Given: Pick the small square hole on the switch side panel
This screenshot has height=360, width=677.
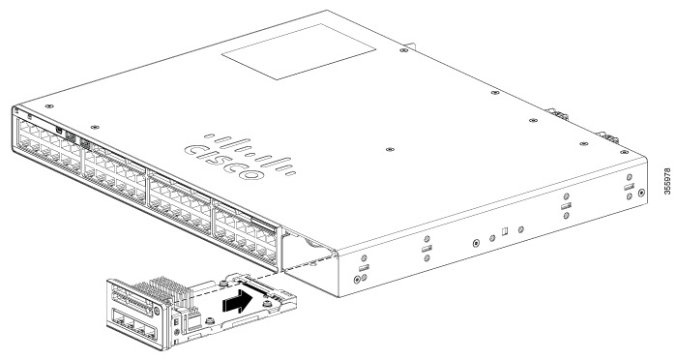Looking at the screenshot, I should coord(505,233).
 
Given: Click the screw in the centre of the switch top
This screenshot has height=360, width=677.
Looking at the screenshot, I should coord(388,151).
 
